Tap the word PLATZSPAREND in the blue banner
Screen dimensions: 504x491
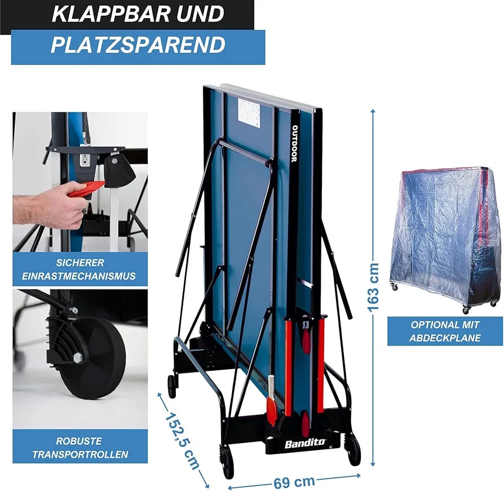coord(138,45)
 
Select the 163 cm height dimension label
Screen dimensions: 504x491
coord(373,287)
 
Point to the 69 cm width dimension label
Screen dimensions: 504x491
coord(294,481)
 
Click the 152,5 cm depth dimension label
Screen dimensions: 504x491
coord(182,440)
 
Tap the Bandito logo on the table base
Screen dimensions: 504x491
coord(305,444)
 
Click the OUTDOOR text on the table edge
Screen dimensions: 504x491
coord(294,143)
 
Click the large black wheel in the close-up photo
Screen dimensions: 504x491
coord(91,358)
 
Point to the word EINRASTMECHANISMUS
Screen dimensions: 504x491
coord(79,276)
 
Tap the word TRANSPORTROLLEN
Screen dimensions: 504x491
coord(80,454)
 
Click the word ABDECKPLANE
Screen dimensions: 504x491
coord(445,338)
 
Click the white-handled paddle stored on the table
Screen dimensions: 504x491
coord(271,400)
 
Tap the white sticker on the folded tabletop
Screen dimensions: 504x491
coord(249,113)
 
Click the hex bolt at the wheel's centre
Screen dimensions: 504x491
coord(78,357)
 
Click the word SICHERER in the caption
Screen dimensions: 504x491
coord(80,262)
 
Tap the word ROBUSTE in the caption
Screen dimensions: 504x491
coord(79,441)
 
